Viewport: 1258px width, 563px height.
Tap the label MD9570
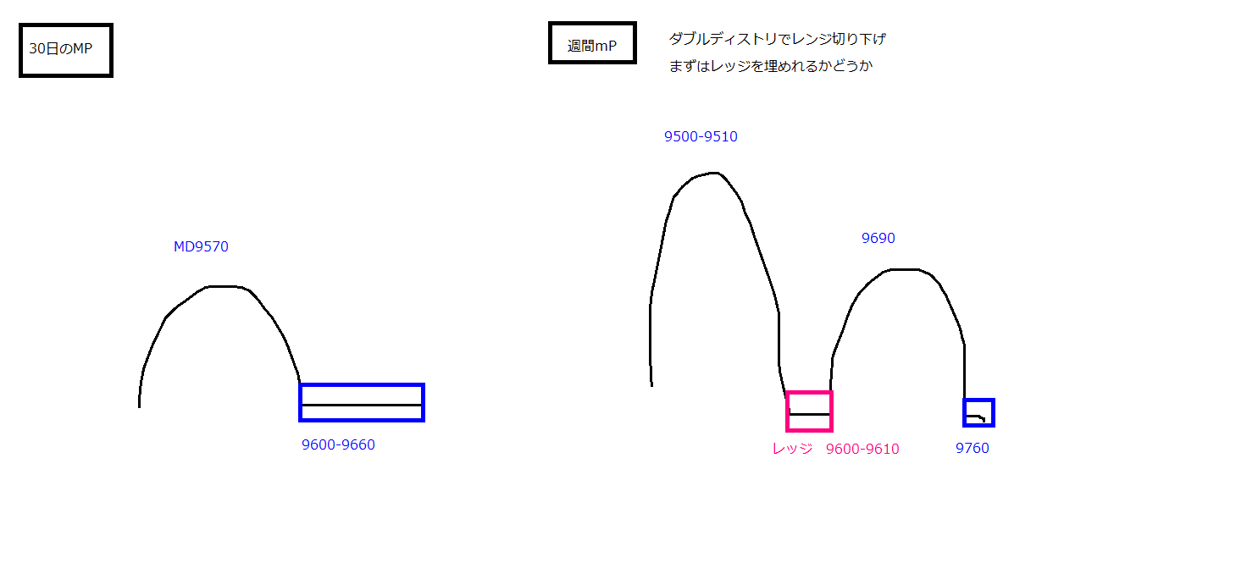201,246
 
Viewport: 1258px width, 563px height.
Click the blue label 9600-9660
338,444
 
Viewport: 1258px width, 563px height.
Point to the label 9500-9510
701,136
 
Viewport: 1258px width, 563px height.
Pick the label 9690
878,238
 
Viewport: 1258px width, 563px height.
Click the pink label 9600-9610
862,449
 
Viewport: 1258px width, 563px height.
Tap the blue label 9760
973,448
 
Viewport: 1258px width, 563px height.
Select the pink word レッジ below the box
792,449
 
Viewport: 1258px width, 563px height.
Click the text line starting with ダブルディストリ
778,39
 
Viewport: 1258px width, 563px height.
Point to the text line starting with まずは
771,66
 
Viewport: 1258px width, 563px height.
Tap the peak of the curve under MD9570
223,286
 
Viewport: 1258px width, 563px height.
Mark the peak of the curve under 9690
904,269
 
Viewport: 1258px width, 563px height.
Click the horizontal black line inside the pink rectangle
809,414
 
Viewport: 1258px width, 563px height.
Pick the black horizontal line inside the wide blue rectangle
362,405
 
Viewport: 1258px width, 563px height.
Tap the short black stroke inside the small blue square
975,417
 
